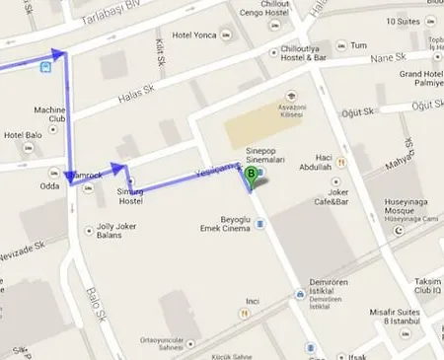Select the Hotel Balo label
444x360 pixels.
pos(21,134)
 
